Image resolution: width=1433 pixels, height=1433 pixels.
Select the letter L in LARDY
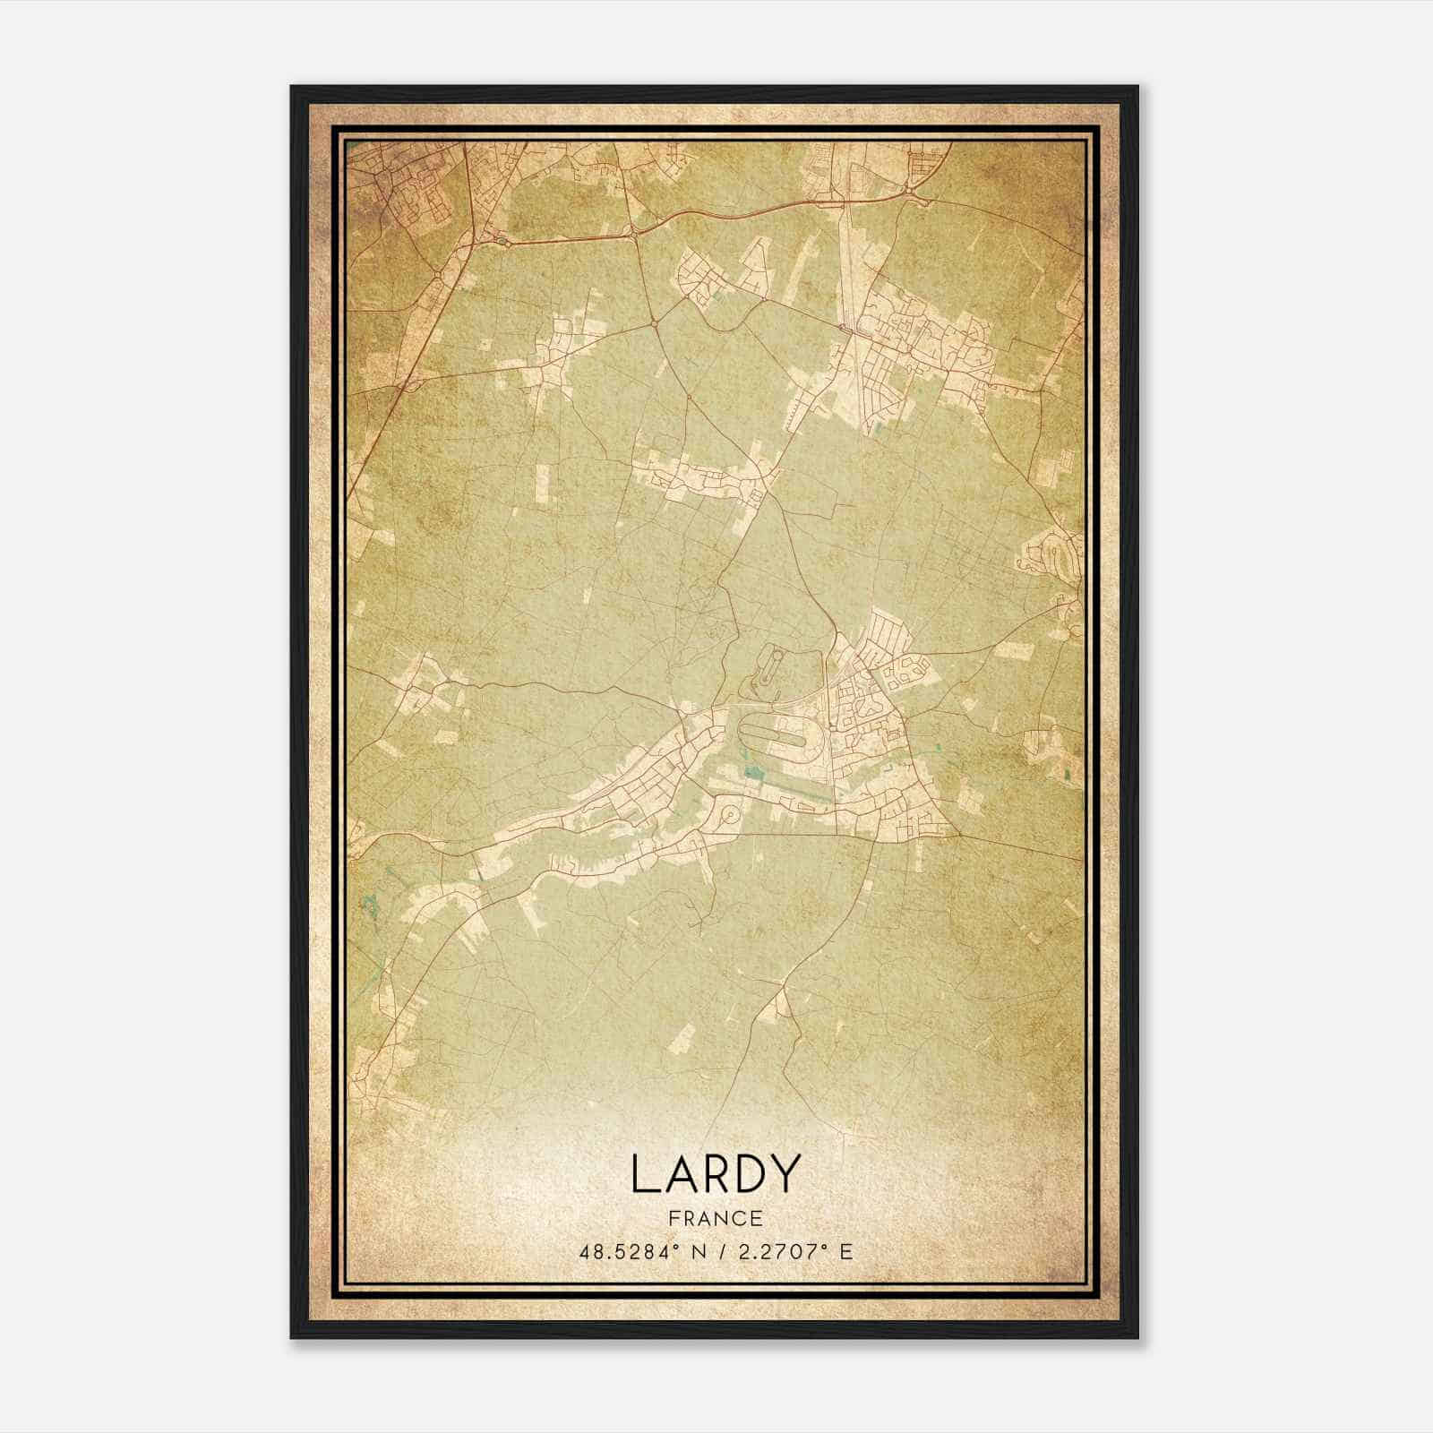click(642, 1173)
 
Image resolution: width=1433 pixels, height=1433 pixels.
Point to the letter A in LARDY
click(674, 1173)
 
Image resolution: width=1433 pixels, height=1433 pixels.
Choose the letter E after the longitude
click(846, 1251)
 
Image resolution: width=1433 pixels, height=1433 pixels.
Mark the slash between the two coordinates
click(717, 1251)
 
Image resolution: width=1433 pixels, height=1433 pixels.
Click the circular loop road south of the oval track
click(730, 815)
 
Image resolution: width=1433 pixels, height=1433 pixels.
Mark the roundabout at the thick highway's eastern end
click(910, 190)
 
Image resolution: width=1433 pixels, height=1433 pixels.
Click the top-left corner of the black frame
click(293, 88)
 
